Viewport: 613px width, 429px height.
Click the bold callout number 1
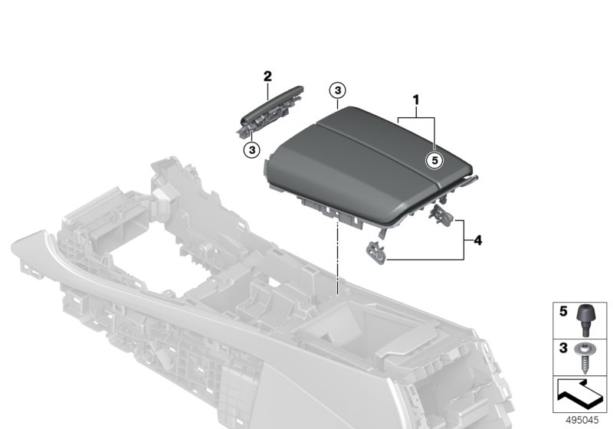[418, 100]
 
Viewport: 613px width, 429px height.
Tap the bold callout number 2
[267, 76]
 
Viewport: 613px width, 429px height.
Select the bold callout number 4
[477, 241]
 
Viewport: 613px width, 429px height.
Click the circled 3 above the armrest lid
[337, 90]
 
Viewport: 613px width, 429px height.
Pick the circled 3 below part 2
[251, 148]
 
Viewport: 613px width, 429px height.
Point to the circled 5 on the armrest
[434, 161]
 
